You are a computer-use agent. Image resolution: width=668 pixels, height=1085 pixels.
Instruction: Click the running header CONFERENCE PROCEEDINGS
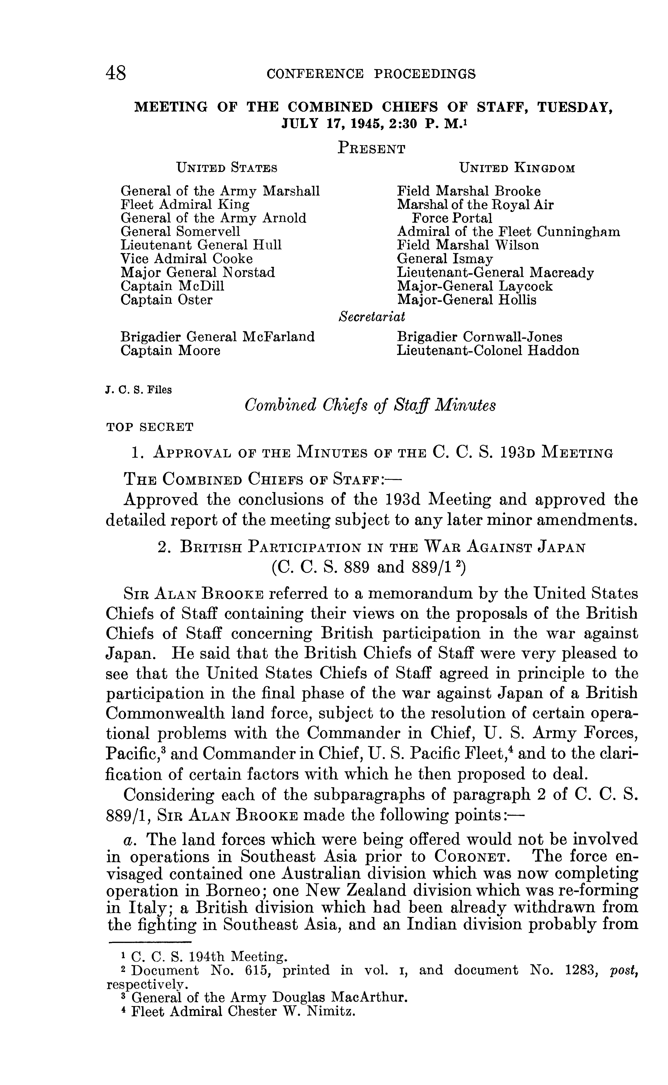pos(371,74)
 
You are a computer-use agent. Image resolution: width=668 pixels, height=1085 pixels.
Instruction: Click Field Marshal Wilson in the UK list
pos(468,245)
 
